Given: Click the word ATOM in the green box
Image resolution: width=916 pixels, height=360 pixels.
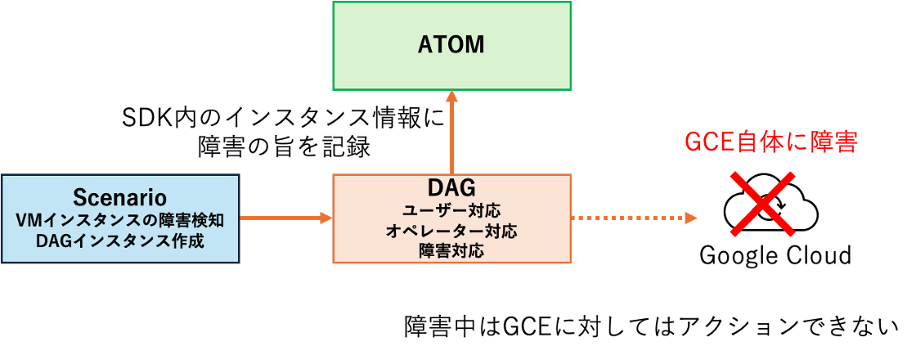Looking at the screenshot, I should (451, 46).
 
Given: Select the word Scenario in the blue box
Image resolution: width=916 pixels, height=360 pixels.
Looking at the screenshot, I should (119, 197).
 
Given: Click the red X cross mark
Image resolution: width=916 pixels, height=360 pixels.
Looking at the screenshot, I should (762, 205).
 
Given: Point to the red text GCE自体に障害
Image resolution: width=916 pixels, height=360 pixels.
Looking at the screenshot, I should (770, 142).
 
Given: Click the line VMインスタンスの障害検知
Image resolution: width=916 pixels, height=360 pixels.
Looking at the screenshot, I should (119, 220).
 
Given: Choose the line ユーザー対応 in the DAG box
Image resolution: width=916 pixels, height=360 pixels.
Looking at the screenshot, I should (451, 210).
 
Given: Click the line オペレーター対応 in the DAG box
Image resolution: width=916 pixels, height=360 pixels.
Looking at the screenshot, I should (451, 231).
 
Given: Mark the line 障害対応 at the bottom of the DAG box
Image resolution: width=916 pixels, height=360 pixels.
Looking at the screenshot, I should (451, 250).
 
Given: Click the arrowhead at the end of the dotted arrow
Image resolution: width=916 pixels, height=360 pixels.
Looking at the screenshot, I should (691, 218).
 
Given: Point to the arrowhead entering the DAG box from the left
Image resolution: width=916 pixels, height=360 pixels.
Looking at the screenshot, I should (326, 218).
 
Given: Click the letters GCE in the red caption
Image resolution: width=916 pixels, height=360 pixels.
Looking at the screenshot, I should (708, 142).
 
